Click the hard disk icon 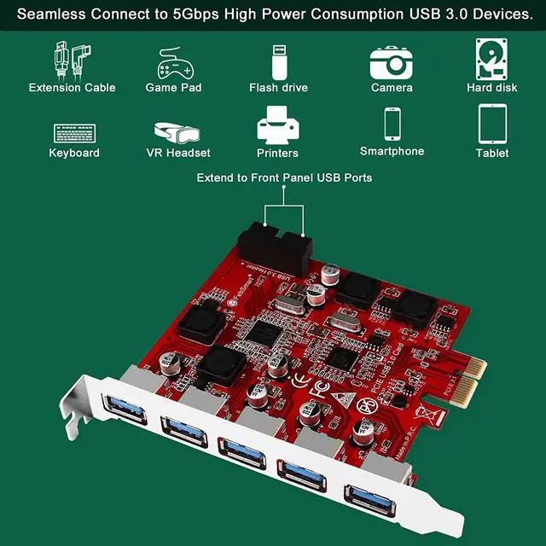coord(491,58)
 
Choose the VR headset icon coord(177,132)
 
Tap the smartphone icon coord(392,125)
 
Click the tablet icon coord(492,125)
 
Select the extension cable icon coord(73,59)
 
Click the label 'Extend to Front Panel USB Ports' coord(284,178)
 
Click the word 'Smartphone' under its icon coord(392,152)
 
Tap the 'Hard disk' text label coord(492,88)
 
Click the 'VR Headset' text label coord(178,154)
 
